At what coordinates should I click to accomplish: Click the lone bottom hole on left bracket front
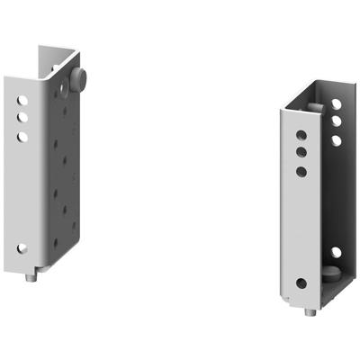tap(22, 247)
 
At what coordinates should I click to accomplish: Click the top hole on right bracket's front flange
tap(301, 136)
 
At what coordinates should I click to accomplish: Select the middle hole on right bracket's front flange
tap(301, 153)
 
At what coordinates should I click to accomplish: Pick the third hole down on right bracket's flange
tap(301, 171)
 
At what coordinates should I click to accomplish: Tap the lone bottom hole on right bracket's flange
tap(301, 283)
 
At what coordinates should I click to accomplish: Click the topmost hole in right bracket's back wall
tap(336, 104)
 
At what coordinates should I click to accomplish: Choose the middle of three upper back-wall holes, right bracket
tap(336, 121)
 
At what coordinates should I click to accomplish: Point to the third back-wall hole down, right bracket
tap(336, 140)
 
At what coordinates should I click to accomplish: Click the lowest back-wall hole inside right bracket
tap(336, 253)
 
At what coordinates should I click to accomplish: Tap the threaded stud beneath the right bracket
tap(311, 312)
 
